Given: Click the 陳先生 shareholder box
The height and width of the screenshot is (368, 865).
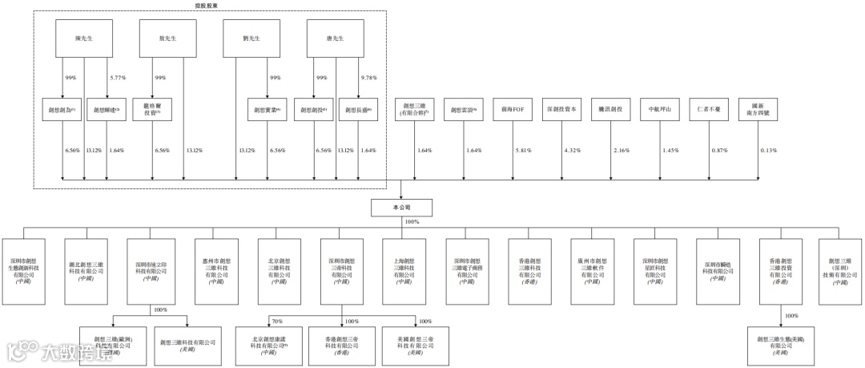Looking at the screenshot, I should (x=83, y=38).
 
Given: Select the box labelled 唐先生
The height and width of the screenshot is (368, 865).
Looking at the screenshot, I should (x=336, y=38).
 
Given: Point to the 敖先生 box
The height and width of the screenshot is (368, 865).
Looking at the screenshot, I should (x=167, y=38).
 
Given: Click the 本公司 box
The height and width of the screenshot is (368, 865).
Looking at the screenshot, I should (x=403, y=208).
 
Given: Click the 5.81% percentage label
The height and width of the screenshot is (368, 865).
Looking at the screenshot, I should (x=524, y=151).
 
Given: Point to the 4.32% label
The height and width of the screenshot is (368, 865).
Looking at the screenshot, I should (x=573, y=151).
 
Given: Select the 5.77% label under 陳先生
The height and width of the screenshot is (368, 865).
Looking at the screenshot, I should (x=119, y=78).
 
